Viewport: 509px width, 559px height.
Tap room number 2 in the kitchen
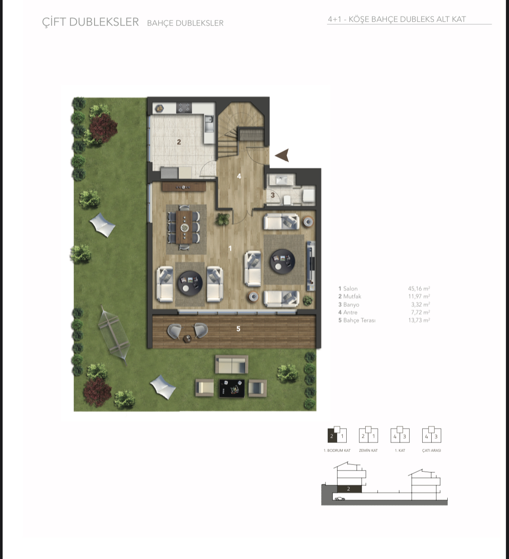(179, 142)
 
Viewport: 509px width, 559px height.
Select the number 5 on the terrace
(238, 329)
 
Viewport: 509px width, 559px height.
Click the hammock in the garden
(114, 335)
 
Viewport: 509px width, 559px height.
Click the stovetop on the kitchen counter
(184, 108)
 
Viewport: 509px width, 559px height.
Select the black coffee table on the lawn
(232, 388)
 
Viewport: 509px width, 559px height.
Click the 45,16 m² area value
(419, 289)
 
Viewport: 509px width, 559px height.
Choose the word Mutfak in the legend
(352, 297)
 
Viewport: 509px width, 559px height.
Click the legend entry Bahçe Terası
(357, 320)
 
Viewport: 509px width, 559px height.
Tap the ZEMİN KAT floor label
(368, 450)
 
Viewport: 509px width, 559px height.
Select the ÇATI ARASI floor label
(432, 450)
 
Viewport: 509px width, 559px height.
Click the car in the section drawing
(340, 499)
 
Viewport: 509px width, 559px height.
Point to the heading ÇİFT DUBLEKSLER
(91, 22)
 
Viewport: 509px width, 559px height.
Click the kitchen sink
(209, 123)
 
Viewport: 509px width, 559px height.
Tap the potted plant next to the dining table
(222, 219)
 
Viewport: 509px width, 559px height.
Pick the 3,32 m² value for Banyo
(420, 305)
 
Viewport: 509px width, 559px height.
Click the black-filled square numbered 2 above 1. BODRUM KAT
(332, 436)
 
